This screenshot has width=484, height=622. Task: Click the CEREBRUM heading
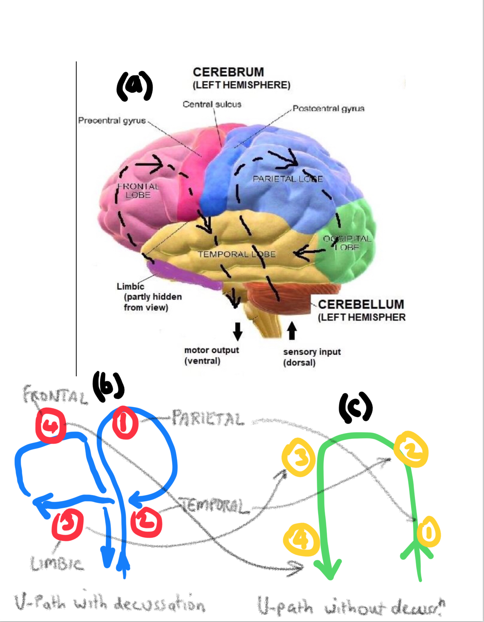coord(228,72)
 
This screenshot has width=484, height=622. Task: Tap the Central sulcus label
coord(212,104)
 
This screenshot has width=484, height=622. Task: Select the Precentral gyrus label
coord(112,121)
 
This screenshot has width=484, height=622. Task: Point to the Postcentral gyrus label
coord(328,108)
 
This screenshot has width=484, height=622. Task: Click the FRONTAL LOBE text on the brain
coord(138,190)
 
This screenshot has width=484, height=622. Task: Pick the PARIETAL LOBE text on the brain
coord(288,179)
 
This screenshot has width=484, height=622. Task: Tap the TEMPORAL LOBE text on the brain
coord(237,254)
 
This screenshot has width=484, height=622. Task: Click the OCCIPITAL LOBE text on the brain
coord(347,243)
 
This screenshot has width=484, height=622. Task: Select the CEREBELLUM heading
coord(361,304)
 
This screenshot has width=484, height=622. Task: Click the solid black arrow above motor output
coord(238,331)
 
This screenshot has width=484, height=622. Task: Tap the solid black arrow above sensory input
coord(292,331)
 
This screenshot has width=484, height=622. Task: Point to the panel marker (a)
coord(135,86)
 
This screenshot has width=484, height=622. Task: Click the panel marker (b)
coord(108,386)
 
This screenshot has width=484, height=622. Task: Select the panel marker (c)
coord(356,408)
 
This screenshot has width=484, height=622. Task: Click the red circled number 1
coord(125,423)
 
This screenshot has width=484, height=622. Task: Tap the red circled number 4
coord(51,426)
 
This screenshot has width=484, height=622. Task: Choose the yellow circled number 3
coord(298,457)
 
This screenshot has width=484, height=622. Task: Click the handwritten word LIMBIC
coord(57,564)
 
